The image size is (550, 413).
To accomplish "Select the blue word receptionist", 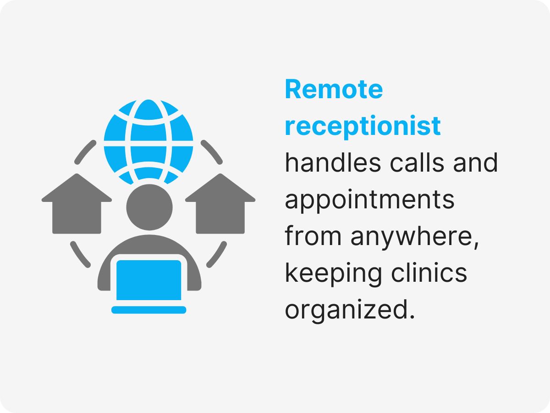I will (x=363, y=126).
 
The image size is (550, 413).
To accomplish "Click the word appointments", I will (x=369, y=201).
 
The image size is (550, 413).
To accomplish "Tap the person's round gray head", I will (x=149, y=207).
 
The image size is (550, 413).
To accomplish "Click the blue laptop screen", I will (x=149, y=280).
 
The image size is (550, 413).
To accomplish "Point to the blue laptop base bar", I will (x=149, y=310).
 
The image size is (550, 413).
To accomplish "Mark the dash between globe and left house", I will (x=85, y=152).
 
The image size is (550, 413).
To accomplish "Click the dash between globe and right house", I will (x=212, y=152).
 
